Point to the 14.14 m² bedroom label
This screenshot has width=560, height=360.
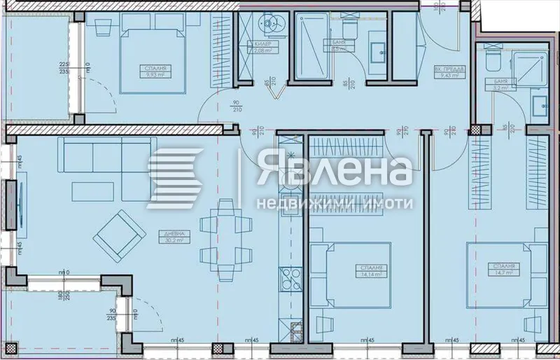point(371,272)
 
